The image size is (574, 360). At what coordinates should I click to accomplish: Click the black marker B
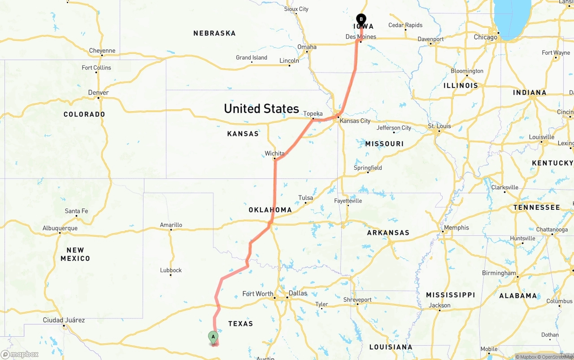(361, 20)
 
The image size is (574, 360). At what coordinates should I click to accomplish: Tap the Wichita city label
(274, 153)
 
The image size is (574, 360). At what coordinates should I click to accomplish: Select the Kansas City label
(355, 121)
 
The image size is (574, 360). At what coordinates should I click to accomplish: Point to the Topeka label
(313, 114)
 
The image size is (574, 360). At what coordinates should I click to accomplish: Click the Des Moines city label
(361, 37)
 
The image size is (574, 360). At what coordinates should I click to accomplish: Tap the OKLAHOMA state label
(270, 210)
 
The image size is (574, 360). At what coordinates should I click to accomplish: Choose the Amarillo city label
(171, 225)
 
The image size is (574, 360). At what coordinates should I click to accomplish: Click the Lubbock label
(171, 270)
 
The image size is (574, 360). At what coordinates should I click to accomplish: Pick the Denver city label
(98, 93)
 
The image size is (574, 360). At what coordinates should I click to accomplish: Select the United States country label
(261, 108)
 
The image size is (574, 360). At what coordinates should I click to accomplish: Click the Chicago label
(486, 37)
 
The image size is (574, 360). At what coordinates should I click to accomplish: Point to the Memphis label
(456, 228)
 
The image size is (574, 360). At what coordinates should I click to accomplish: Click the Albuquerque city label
(60, 228)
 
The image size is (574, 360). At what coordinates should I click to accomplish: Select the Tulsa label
(305, 198)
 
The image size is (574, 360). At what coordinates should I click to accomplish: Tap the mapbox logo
(20, 354)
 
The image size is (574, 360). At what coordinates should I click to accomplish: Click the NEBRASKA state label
(214, 33)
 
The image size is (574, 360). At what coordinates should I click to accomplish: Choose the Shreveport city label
(357, 300)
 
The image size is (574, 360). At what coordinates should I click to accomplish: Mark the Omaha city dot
(307, 52)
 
